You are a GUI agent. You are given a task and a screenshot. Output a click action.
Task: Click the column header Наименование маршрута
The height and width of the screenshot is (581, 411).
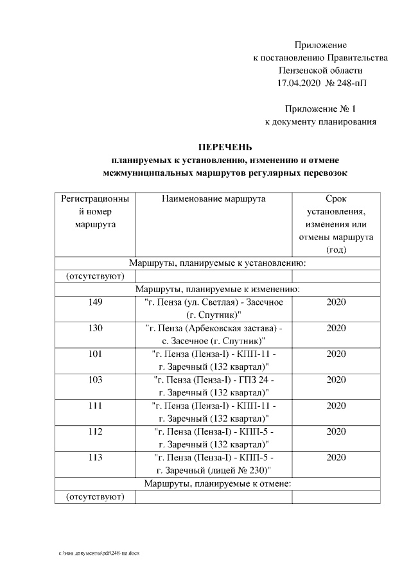[x=213, y=199]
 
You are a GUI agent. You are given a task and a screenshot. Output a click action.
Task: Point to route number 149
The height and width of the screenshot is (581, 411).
[x=95, y=302]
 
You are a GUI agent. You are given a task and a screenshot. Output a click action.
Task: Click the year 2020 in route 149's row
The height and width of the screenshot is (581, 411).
[x=336, y=302]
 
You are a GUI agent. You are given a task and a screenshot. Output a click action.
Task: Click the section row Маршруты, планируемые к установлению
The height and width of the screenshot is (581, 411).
[x=216, y=263]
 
